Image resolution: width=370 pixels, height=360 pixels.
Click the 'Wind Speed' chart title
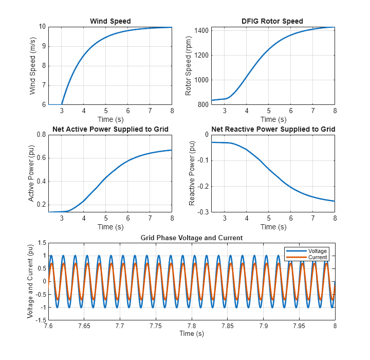(x=110, y=21)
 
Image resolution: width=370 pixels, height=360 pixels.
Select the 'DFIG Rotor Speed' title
(x=272, y=21)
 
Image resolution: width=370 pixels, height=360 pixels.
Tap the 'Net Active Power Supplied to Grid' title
(x=110, y=129)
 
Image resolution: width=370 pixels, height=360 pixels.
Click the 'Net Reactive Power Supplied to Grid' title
(x=273, y=129)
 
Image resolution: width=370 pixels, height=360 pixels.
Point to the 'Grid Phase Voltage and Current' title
(x=192, y=238)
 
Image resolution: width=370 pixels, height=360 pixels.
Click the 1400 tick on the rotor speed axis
(x=201, y=31)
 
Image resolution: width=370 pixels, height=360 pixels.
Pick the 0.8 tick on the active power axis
(x=41, y=134)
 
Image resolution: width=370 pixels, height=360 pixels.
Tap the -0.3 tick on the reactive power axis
(x=201, y=212)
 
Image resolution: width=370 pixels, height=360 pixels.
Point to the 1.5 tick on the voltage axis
(x=41, y=243)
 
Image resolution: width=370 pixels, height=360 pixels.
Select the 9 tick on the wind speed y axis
(x=43, y=46)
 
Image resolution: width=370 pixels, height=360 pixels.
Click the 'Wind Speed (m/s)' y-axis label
(x=33, y=66)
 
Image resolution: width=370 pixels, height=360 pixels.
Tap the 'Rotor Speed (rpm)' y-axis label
(x=189, y=66)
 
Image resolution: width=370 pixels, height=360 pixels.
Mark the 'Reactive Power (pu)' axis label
(x=192, y=173)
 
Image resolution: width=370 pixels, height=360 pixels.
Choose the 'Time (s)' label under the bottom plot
(x=192, y=334)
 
